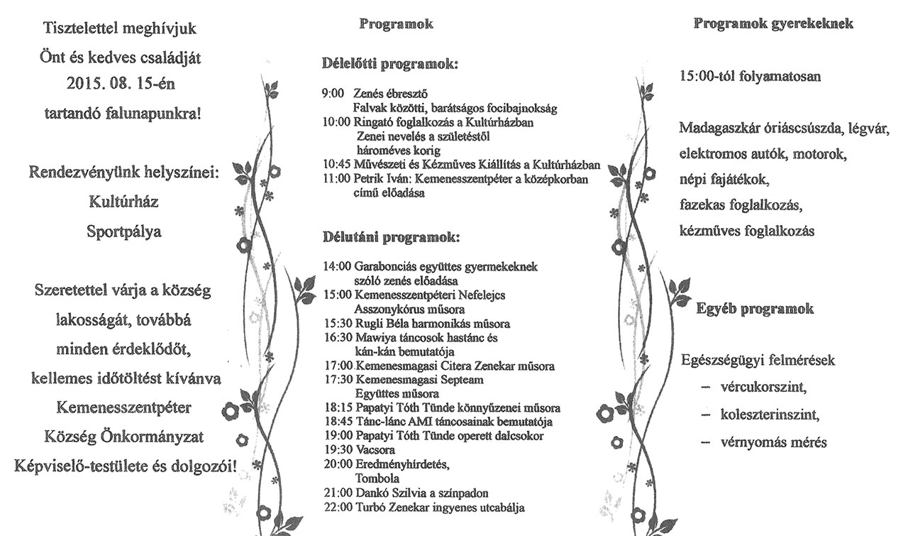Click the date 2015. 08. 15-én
click(x=121, y=84)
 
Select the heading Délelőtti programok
click(x=389, y=64)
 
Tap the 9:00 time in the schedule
click(x=333, y=94)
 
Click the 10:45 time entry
click(x=336, y=165)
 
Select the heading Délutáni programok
click(x=391, y=237)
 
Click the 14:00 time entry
click(x=337, y=266)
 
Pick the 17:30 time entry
click(x=338, y=380)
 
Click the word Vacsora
click(x=375, y=450)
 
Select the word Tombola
click(x=377, y=478)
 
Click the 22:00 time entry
click(x=338, y=508)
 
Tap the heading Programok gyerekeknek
click(x=773, y=24)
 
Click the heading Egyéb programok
click(x=755, y=309)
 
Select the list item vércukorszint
click(x=763, y=388)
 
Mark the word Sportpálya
click(x=124, y=231)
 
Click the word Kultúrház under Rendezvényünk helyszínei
click(x=123, y=202)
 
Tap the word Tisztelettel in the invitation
click(x=80, y=28)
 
